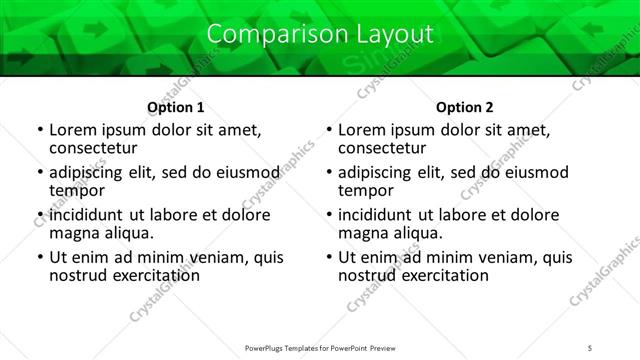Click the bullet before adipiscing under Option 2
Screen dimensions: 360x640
tap(329, 173)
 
